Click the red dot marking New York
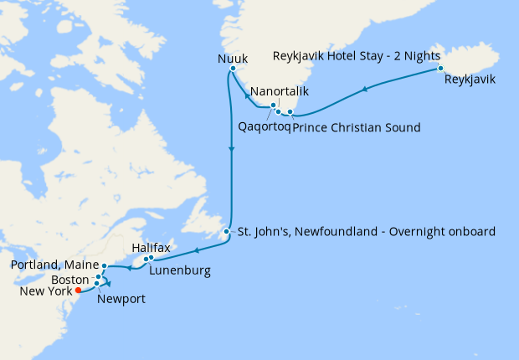coord(78,291)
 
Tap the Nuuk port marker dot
coord(233,69)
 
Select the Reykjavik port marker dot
coord(439,68)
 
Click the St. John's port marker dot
coord(227,231)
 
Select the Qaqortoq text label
coord(261,127)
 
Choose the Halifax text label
coord(152,249)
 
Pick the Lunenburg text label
coord(180,270)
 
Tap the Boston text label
coord(69,279)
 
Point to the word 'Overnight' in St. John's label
coord(406,231)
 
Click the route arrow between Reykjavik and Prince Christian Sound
coord(365,89)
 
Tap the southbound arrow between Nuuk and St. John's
coord(230,148)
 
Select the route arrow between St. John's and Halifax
coord(195,249)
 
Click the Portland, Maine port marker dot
coord(104,266)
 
